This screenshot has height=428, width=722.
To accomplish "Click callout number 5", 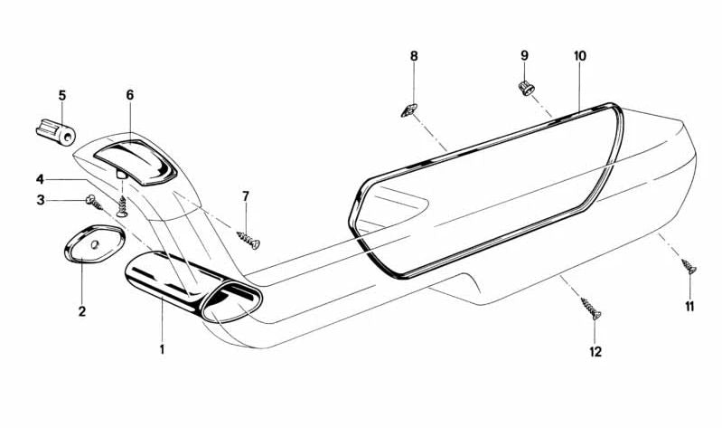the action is click(62, 96).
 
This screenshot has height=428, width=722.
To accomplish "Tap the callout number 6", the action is click(130, 95).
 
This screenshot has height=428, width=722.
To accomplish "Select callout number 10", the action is click(580, 56).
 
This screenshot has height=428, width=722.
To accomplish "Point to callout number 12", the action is click(595, 352).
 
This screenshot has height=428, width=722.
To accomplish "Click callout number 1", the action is click(162, 349).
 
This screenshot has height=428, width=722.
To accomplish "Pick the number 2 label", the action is click(82, 311).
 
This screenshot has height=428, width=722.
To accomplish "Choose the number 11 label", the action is click(689, 306).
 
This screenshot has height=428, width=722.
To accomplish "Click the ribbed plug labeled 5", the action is click(56, 131).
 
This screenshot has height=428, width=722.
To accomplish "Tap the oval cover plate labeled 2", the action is click(94, 243).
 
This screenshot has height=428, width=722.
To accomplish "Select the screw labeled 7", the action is click(248, 240).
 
